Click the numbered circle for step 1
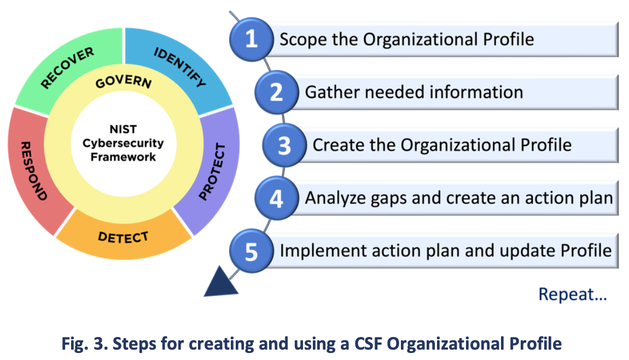[251, 39]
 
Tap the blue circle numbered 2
[276, 92]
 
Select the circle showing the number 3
[284, 146]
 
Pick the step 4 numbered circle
[276, 198]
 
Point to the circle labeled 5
[251, 251]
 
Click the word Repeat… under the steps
[572, 294]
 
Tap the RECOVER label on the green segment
[67, 68]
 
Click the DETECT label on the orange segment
[123, 237]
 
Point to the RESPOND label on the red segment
[33, 170]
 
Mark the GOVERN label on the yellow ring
[123, 82]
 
